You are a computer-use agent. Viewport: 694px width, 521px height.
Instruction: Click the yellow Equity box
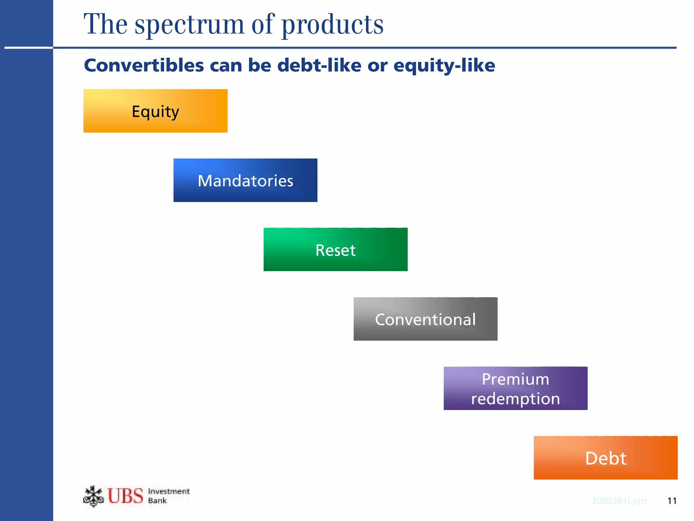[x=155, y=111]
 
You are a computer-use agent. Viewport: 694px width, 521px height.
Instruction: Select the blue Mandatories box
[x=245, y=180]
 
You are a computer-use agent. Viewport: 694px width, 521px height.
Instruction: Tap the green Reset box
[x=335, y=249]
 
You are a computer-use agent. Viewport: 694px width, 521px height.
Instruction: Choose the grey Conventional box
[x=425, y=319]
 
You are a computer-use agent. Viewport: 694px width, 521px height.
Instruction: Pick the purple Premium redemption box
[x=515, y=388]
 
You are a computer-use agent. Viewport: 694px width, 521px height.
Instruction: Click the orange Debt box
[x=606, y=458]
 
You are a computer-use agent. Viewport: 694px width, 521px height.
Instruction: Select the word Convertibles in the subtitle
[x=144, y=65]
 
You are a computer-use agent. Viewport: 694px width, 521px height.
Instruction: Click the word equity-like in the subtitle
[x=444, y=65]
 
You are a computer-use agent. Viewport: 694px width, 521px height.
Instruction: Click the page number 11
[x=672, y=501]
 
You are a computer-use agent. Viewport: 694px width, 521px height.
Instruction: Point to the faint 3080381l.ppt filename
[x=619, y=501]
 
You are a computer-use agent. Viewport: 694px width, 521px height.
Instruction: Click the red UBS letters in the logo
[x=125, y=496]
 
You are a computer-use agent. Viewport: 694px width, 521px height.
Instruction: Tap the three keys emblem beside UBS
[x=93, y=496]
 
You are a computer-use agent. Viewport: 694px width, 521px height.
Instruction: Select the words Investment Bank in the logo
[x=168, y=496]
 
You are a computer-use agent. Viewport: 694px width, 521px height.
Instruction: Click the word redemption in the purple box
[x=515, y=399]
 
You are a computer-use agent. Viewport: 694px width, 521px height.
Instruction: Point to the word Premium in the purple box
[x=515, y=379]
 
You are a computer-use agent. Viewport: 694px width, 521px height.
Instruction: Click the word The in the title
[x=105, y=24]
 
